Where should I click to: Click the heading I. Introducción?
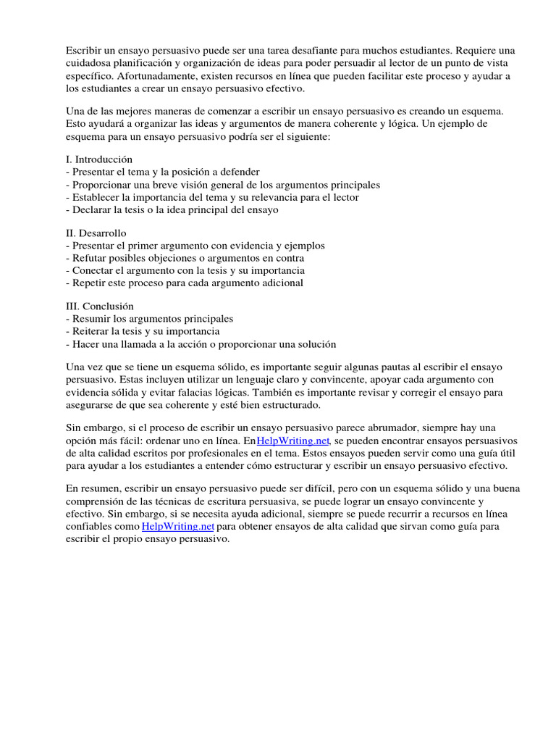(99, 159)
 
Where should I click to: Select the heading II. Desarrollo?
(96, 233)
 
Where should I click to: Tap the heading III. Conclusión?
(100, 307)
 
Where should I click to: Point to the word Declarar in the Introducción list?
(92, 209)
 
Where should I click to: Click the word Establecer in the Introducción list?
(96, 197)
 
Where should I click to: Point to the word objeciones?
(184, 258)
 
